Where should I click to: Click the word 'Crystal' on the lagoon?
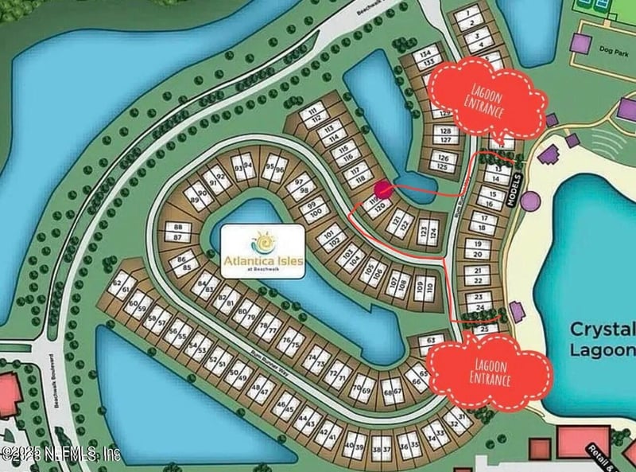coord(602,330)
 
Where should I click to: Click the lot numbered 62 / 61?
coord(122,286)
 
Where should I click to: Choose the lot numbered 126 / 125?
coord(444,163)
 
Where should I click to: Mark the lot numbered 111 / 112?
coord(319,114)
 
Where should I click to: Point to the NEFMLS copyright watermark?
coord(60,454)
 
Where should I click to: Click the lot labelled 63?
coord(431,341)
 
